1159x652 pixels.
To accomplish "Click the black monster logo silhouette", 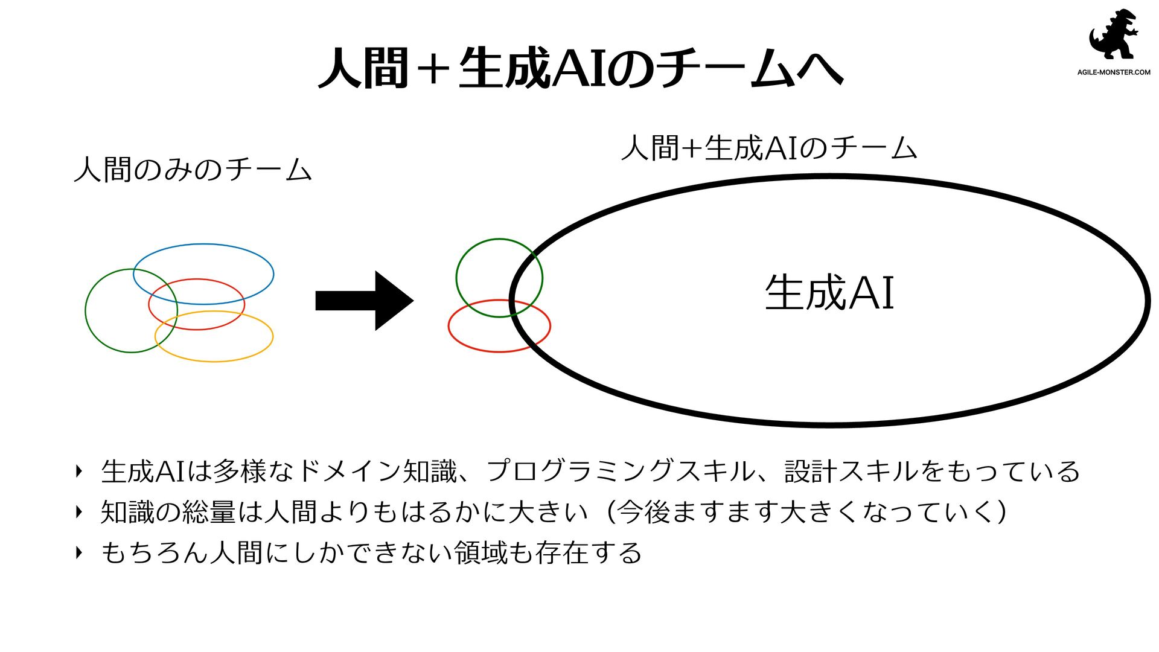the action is tap(1114, 35).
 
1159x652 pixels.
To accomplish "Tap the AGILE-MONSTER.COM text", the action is tap(1114, 72).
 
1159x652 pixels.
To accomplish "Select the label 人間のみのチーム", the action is tap(193, 170).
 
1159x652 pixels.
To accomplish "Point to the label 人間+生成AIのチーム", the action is tap(768, 149).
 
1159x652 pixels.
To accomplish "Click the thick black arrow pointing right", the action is tap(364, 301).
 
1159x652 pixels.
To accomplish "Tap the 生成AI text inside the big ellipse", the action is tap(829, 293).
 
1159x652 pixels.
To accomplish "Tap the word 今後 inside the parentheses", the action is tap(642, 513).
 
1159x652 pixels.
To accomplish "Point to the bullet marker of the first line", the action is tap(78, 471).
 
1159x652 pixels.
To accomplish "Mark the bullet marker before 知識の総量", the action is tap(78, 513).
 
